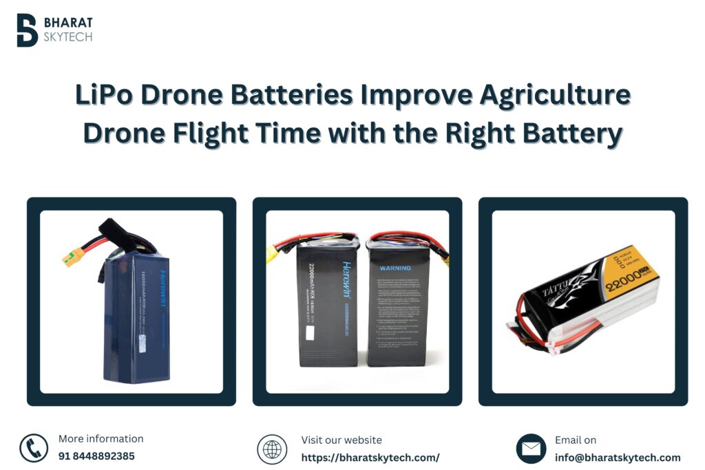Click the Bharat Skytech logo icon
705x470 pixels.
[x=27, y=30]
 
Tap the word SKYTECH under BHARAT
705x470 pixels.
[x=67, y=36]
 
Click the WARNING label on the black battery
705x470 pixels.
[x=394, y=268]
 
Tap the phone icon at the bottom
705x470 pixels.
[x=34, y=448]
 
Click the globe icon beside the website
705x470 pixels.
[x=272, y=449]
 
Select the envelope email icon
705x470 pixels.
[x=531, y=449]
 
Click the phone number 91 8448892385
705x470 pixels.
[x=96, y=456]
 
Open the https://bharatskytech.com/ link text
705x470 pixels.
[x=370, y=458]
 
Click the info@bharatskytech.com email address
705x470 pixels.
[x=618, y=458]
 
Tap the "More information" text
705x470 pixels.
[x=101, y=439]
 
